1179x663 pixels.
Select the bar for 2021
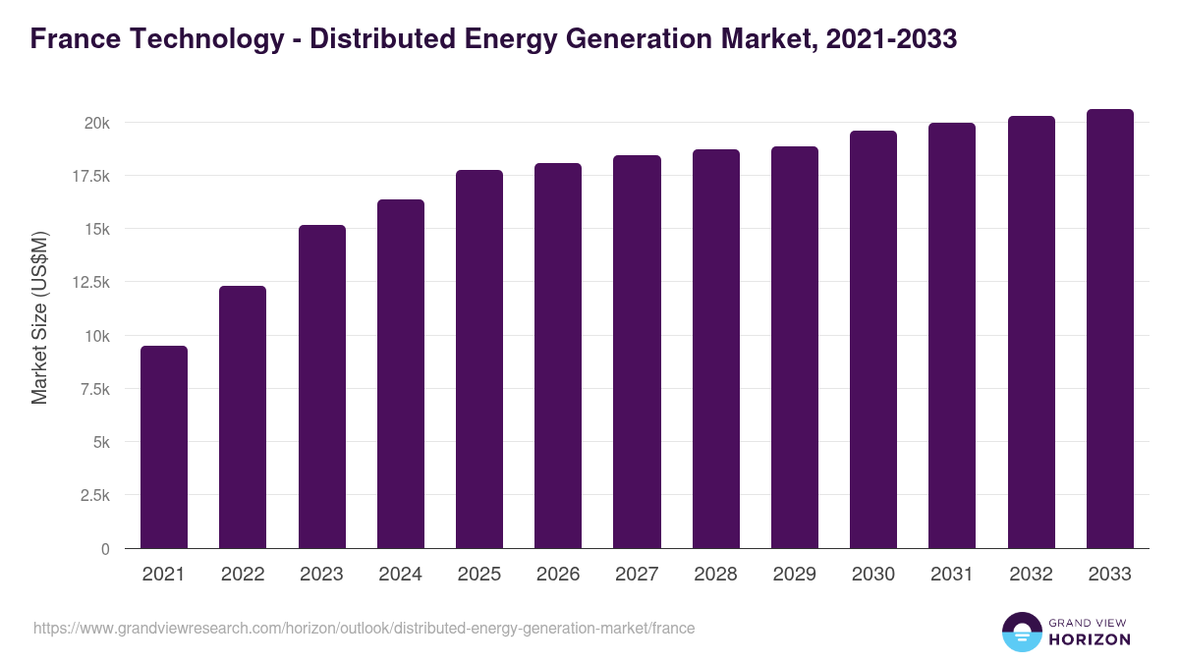pos(164,447)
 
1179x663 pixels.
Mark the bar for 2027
pos(637,352)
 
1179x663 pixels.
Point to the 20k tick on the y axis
pos(96,123)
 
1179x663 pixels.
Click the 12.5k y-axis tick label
pos(89,283)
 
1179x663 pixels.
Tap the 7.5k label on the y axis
pos(93,389)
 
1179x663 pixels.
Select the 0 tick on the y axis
pos(104,549)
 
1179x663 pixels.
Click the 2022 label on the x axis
pos(243,575)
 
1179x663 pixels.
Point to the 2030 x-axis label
pos(873,575)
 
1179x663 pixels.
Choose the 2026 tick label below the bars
pos(558,575)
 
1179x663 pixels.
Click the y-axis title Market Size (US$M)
pos(39,318)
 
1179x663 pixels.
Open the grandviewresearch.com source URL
pos(364,628)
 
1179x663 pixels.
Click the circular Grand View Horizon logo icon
pos(1022,632)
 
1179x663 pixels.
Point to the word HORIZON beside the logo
pos(1090,639)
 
